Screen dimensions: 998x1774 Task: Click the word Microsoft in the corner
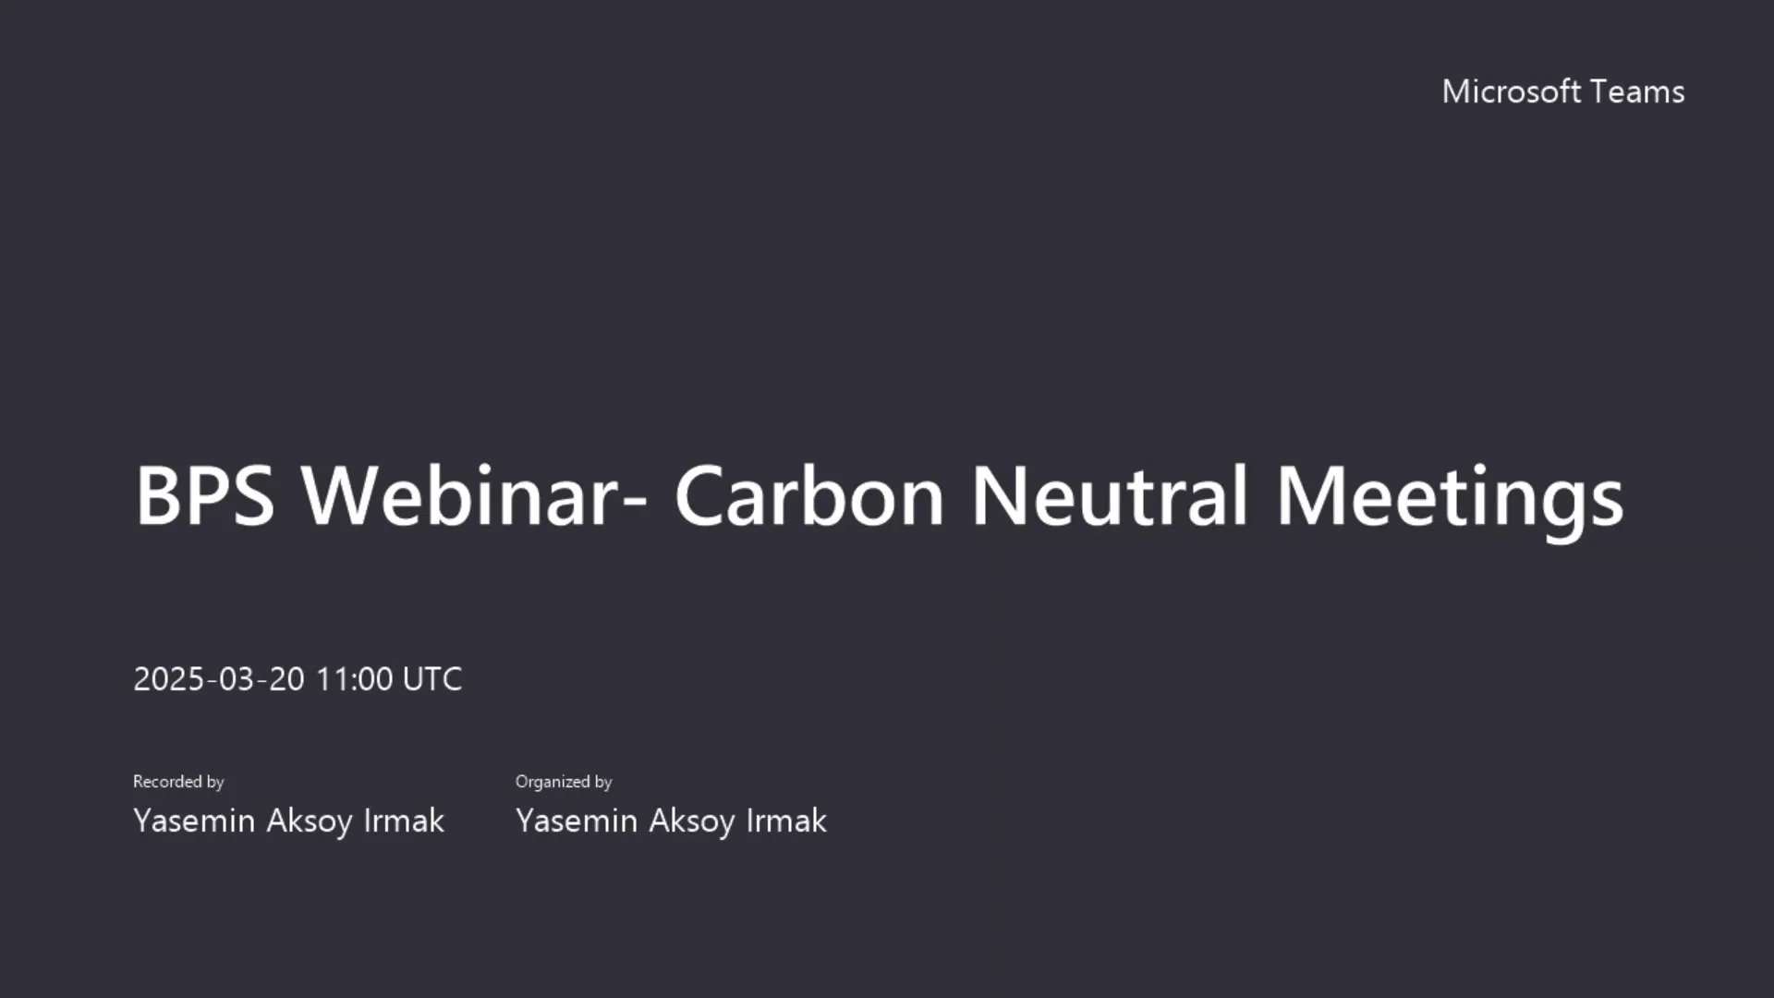1512,91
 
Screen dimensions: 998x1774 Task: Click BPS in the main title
204,495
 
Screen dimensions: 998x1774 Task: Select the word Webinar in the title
459,495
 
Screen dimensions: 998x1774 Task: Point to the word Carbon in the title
808,495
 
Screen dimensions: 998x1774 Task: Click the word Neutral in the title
1110,495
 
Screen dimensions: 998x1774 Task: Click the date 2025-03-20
219,679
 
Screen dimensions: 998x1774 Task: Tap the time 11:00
354,679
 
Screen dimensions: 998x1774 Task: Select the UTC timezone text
432,679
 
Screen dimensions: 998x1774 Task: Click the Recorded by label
178,782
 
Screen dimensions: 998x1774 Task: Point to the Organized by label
564,782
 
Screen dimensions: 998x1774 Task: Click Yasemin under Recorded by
194,821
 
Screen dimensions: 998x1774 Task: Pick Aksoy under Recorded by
310,821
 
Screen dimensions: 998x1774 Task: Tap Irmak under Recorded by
404,821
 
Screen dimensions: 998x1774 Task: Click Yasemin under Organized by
577,821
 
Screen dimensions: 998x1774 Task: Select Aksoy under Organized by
692,821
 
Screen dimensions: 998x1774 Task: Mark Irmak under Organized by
786,821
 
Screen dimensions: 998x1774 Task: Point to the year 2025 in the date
168,679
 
